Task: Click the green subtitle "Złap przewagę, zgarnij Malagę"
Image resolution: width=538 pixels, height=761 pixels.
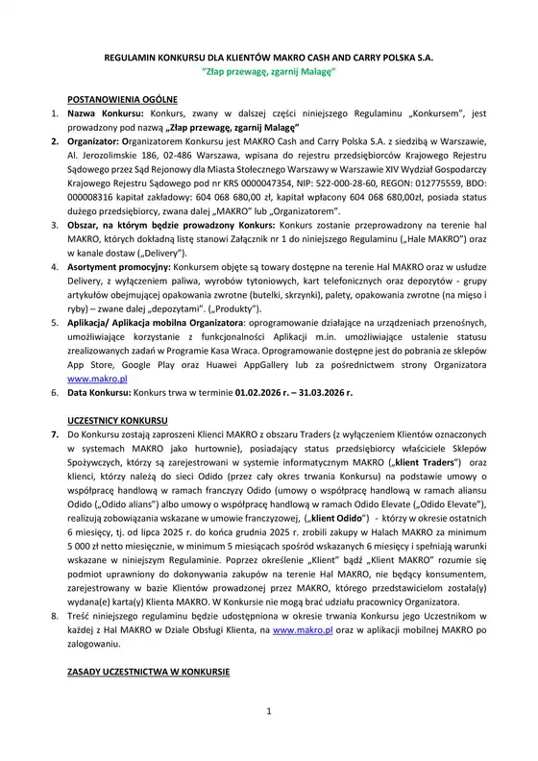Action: click(x=268, y=72)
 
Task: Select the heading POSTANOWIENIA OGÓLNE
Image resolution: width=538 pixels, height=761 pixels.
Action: click(x=121, y=100)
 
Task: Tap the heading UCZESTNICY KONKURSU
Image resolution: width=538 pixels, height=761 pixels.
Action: click(x=119, y=422)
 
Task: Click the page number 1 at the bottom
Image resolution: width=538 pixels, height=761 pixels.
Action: click(x=270, y=737)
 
